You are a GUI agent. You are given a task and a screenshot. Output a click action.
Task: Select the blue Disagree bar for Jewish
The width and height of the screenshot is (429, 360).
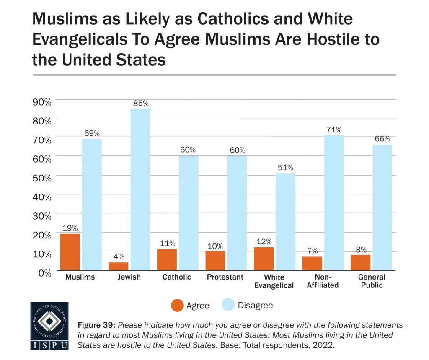pos(140,189)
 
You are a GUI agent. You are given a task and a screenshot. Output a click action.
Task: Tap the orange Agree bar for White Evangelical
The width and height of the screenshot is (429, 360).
pos(264,259)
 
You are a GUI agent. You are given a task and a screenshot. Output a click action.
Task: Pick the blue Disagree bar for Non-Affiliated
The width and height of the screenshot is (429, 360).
pos(334,203)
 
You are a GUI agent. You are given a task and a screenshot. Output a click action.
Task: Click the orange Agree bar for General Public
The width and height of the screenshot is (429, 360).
pos(361,262)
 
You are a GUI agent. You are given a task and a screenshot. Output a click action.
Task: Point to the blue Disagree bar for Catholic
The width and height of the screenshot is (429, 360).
pos(189,213)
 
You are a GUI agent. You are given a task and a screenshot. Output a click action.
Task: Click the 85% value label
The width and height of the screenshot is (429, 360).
pos(140,103)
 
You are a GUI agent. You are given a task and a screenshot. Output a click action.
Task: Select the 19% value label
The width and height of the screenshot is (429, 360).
pos(70,228)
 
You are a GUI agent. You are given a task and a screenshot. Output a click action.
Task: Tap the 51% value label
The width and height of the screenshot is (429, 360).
pos(286,168)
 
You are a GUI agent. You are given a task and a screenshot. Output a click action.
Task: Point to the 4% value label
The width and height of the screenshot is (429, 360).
pos(118,256)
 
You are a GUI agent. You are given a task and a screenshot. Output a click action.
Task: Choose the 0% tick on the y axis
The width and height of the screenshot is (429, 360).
pos(44,272)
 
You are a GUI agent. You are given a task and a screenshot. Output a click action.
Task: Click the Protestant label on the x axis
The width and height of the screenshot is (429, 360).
pos(225,277)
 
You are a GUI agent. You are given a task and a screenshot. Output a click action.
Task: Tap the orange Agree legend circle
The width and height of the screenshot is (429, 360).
pos(177,306)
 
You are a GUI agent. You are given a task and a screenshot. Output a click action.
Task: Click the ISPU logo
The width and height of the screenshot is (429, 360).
pos(49,326)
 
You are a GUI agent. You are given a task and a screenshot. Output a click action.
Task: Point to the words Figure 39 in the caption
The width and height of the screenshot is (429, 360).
pos(96,325)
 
